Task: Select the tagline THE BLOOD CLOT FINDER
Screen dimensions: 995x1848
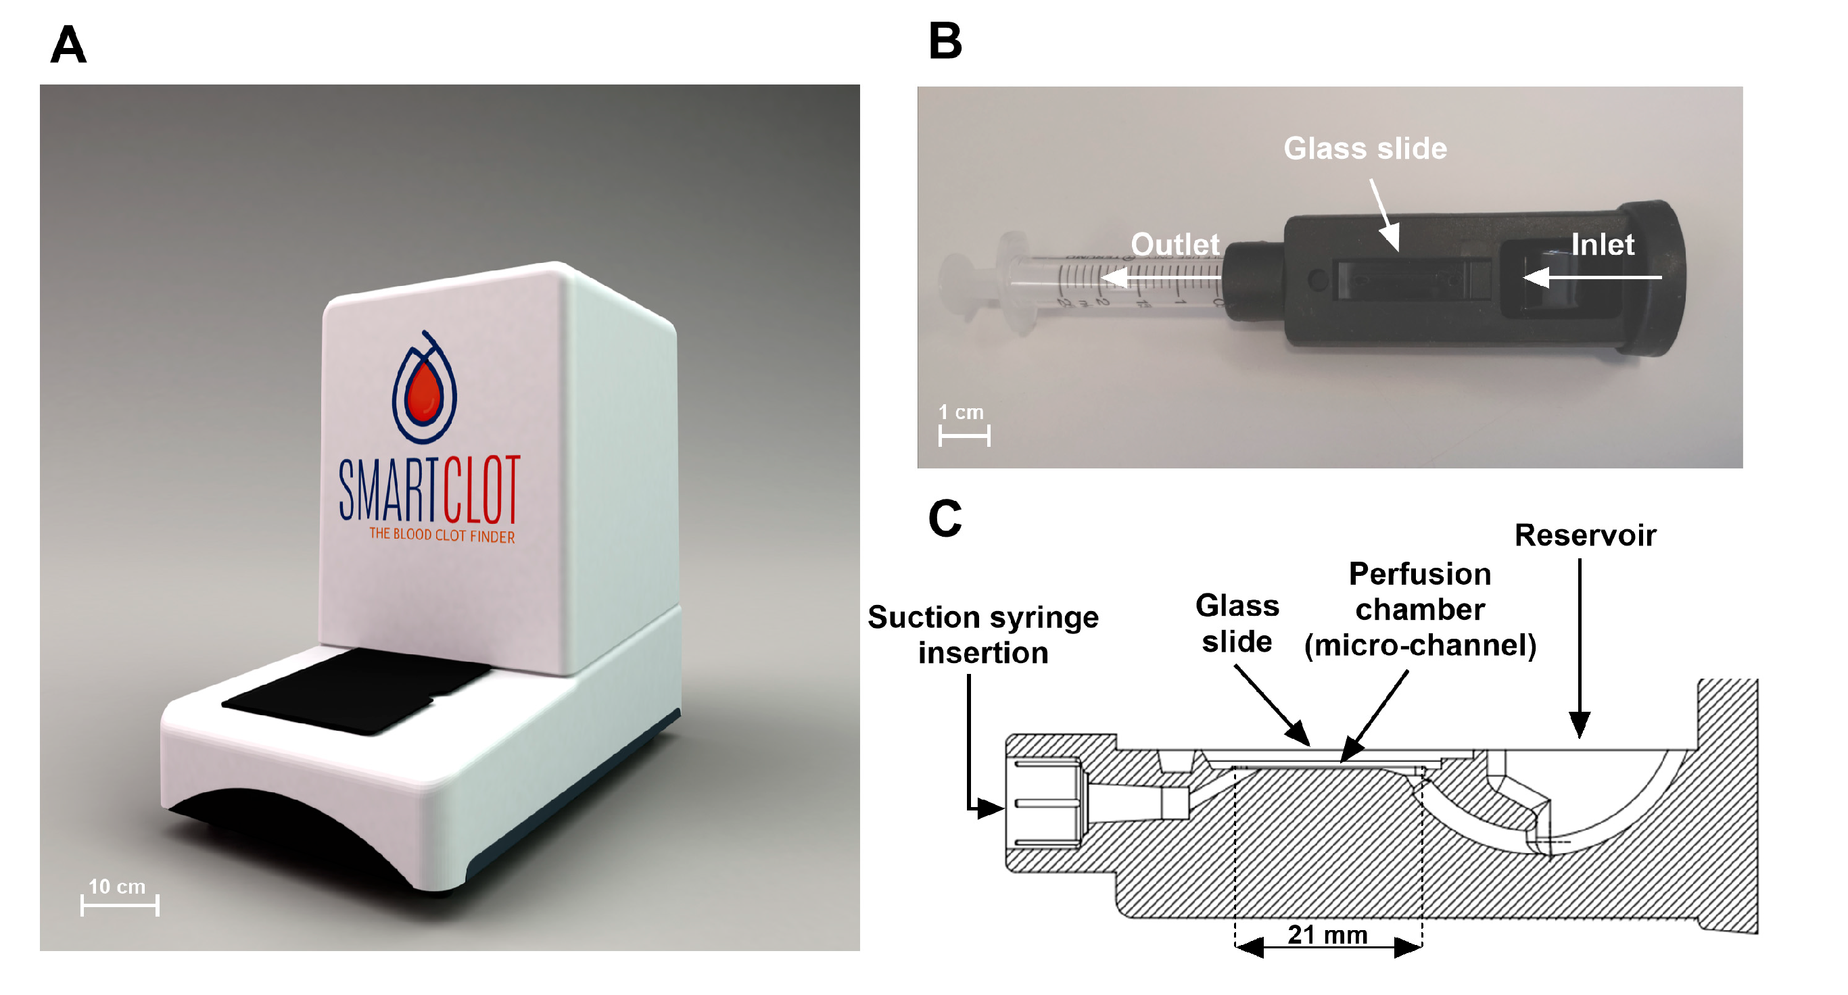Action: coord(441,535)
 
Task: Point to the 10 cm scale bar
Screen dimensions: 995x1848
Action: coord(120,905)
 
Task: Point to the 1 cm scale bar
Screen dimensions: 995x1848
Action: coord(964,435)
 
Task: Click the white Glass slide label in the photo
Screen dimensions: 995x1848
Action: coord(1365,149)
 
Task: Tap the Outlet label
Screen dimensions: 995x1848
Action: coord(1175,245)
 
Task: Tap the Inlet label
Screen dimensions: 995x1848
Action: coord(1602,245)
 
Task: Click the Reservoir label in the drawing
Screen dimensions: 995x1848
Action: coord(1585,535)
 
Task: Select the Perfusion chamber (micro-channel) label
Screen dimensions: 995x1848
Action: coord(1419,609)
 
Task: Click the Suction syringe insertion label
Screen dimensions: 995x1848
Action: coord(982,634)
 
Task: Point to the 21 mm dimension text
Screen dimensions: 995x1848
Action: coord(1327,935)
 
